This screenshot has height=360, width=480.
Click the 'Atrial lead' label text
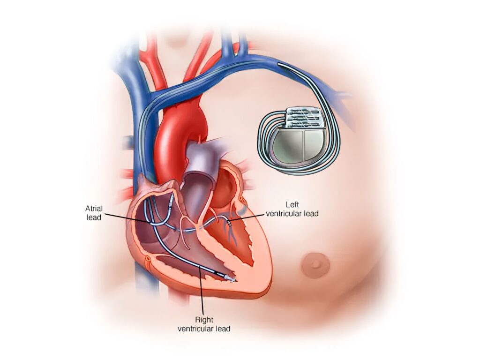[x=94, y=213]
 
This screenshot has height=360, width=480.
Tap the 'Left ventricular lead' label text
[x=292, y=209]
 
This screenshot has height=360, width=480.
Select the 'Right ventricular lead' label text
[x=204, y=324]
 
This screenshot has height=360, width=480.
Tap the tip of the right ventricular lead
[x=233, y=279]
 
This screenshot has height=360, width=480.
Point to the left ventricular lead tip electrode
[x=230, y=223]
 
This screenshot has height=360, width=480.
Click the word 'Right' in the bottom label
[x=204, y=320]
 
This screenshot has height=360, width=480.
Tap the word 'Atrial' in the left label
[x=94, y=209]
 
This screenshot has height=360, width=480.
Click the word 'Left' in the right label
[x=292, y=205]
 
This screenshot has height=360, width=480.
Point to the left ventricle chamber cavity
[x=242, y=236]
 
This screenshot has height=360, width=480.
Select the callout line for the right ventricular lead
[x=201, y=291]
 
